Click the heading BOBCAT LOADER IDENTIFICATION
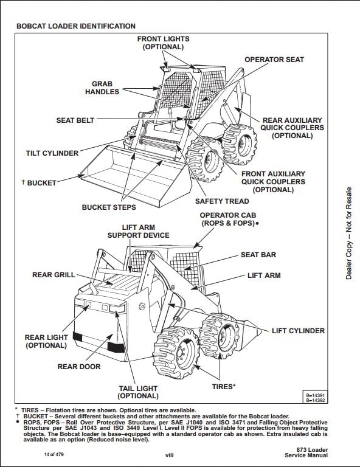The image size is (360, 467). point(76,26)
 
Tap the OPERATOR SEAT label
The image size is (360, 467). point(274,60)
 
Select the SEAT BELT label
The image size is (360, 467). point(75,120)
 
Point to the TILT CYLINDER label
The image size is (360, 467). point(52,153)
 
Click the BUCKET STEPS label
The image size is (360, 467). point(109,207)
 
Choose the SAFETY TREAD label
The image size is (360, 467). point(222,201)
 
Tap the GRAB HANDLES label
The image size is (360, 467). point(102,88)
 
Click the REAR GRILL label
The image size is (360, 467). point(54,275)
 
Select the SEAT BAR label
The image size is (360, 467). point(258,255)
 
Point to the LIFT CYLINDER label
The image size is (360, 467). point(299,331)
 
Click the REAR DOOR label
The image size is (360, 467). point(79,367)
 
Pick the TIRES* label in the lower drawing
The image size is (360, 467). point(224,387)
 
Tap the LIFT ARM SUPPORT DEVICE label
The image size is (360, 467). point(139,232)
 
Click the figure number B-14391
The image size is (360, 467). point(316,395)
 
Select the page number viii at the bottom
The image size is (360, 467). point(170,455)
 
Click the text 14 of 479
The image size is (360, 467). point(54,454)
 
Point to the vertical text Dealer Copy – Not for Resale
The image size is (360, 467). point(348,233)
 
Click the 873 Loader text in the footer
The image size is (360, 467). point(312,450)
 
